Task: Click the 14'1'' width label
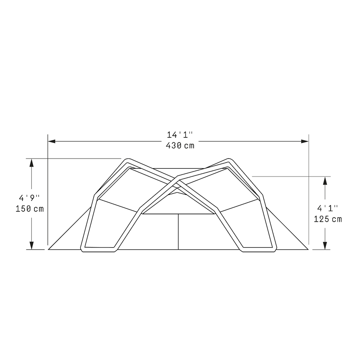pyautogui.click(x=180, y=135)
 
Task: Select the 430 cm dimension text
pyautogui.click(x=180, y=146)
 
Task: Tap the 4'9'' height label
pyautogui.click(x=29, y=198)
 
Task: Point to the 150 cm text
pyautogui.click(x=30, y=209)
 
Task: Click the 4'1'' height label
pyautogui.click(x=328, y=208)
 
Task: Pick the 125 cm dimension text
pyautogui.click(x=328, y=219)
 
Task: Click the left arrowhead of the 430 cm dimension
pyautogui.click(x=51, y=141)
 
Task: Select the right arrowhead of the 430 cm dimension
pyautogui.click(x=305, y=141)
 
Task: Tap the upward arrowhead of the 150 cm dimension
pyautogui.click(x=32, y=162)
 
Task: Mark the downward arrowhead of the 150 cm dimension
pyautogui.click(x=32, y=245)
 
